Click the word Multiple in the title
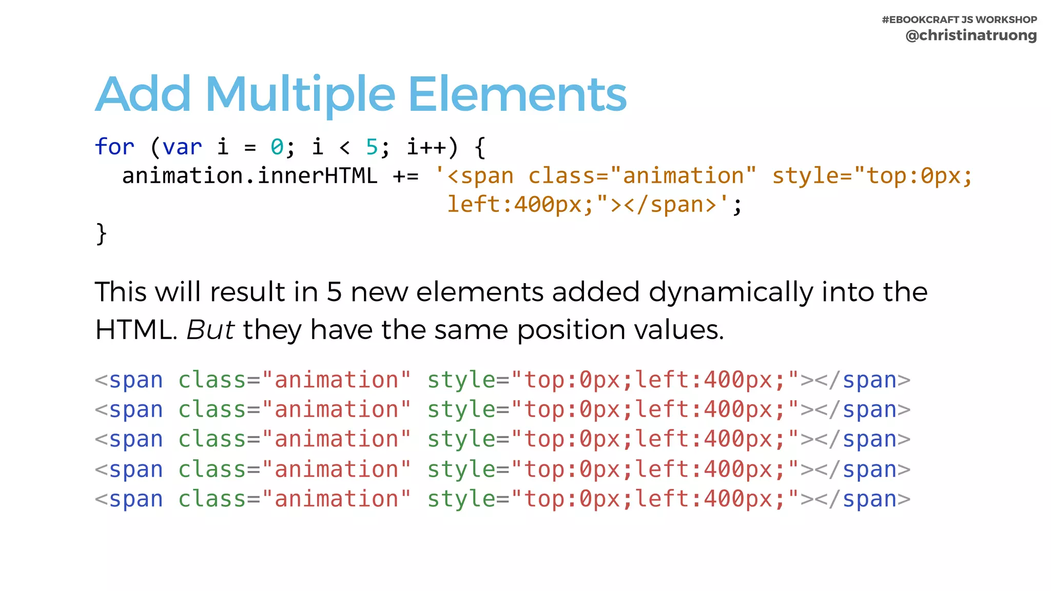300,94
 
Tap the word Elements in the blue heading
517,94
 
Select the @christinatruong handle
971,35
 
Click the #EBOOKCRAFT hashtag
920,19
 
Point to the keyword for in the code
114,147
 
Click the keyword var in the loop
182,147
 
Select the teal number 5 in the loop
372,147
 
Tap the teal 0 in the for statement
277,147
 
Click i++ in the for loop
426,147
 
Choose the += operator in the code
405,176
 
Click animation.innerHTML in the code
249,176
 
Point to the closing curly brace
101,234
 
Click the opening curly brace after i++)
480,147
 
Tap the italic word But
210,329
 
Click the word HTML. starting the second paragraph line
136,329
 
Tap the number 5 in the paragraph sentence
334,292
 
